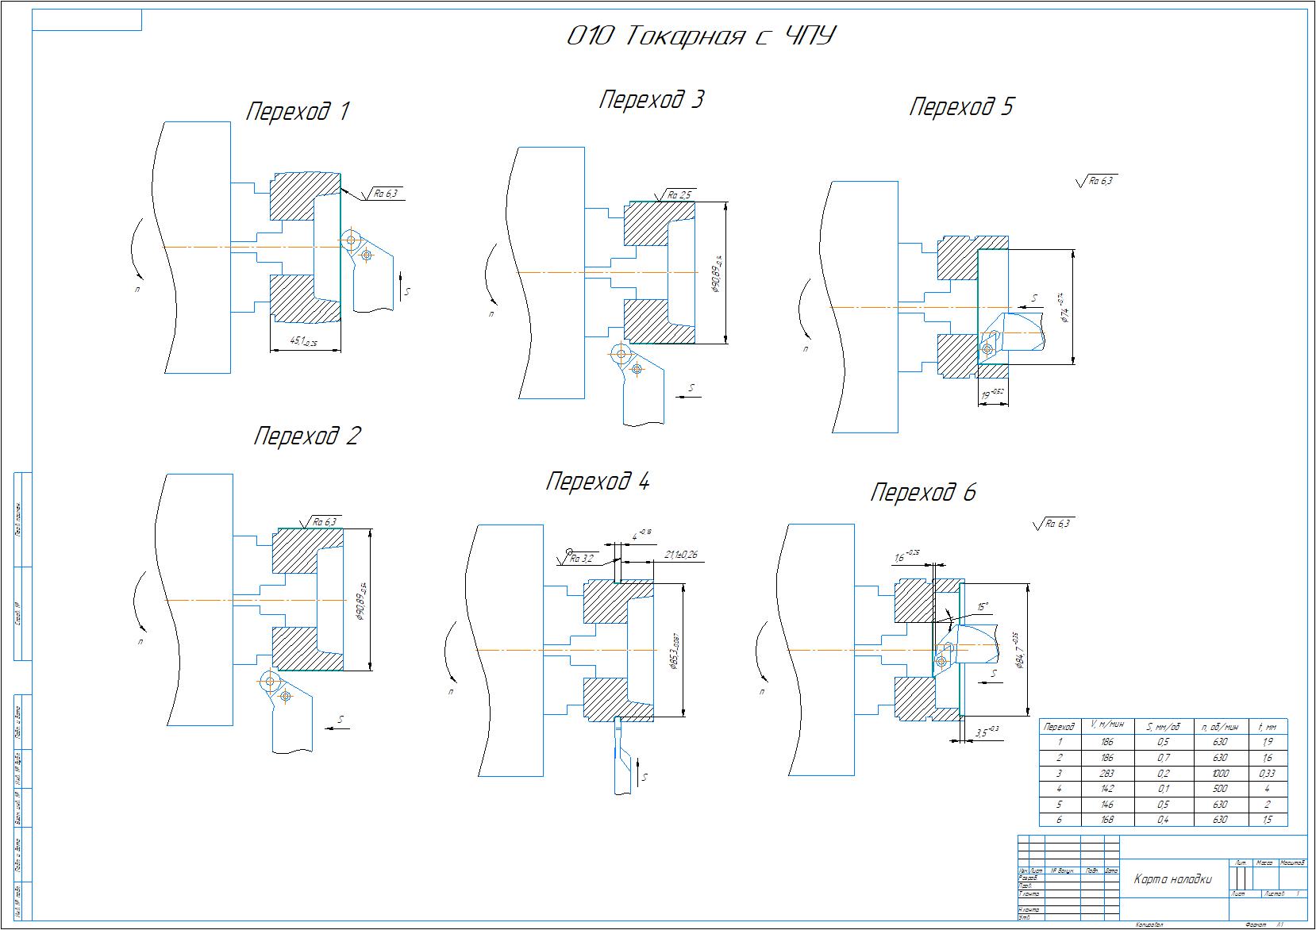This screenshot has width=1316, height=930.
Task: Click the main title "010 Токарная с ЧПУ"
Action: (702, 37)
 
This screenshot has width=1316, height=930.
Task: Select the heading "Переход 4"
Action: (598, 482)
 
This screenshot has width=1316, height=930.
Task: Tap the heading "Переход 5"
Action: (960, 107)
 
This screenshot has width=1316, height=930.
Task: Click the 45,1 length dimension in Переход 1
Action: (302, 341)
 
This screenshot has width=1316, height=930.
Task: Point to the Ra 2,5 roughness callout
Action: (679, 194)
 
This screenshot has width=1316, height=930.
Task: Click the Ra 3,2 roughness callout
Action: (582, 559)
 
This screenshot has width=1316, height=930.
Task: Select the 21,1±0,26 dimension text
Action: (679, 555)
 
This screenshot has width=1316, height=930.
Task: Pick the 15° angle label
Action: (983, 607)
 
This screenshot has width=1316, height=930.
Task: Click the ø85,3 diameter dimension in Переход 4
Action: (674, 651)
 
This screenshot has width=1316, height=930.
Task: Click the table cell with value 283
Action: (1107, 774)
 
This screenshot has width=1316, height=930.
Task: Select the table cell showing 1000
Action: (1221, 774)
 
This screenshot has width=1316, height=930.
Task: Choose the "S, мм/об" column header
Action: (1164, 726)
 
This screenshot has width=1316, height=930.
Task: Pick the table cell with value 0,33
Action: (1268, 774)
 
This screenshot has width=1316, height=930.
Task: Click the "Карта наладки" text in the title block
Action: (1173, 878)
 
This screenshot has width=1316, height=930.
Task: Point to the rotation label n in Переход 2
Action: (140, 641)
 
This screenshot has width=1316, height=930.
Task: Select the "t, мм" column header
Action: (1268, 726)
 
